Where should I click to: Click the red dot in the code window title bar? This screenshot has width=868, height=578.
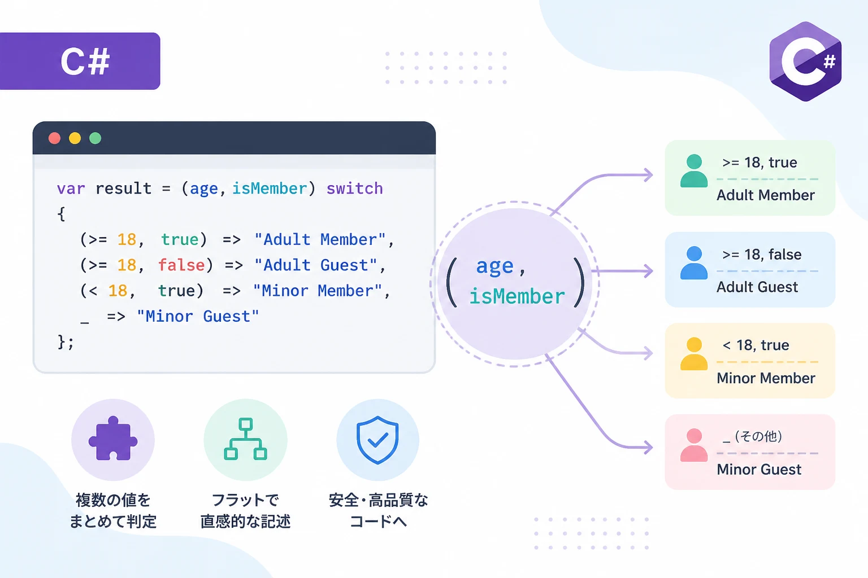pos(54,138)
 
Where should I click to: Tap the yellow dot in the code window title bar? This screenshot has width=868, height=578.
pos(75,138)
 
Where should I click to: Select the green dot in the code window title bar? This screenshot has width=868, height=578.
pos(96,138)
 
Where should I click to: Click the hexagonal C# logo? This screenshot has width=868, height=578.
pos(805,62)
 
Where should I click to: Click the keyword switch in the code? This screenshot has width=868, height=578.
pos(354,189)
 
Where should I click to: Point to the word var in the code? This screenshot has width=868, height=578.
pos(71,189)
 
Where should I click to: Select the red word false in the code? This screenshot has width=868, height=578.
pos(181,266)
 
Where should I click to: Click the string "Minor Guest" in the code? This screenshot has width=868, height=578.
pos(198,317)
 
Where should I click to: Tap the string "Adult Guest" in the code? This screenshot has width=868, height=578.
pos(316,266)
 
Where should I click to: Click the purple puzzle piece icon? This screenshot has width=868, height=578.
pos(113,439)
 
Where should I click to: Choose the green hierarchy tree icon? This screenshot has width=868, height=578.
pos(245,439)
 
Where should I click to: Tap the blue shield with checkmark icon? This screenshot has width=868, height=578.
pos(377,440)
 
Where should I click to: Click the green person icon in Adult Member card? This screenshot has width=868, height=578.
pos(693,170)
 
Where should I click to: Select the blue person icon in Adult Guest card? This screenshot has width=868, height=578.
pos(693,262)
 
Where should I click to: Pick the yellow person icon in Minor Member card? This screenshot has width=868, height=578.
pos(693,353)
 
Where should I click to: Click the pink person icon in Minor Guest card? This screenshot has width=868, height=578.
pos(693,445)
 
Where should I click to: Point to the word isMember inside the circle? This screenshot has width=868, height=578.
pos(517,297)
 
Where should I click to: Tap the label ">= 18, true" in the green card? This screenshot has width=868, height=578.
pos(759,163)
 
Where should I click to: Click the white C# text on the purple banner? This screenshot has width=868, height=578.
pos(85,61)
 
